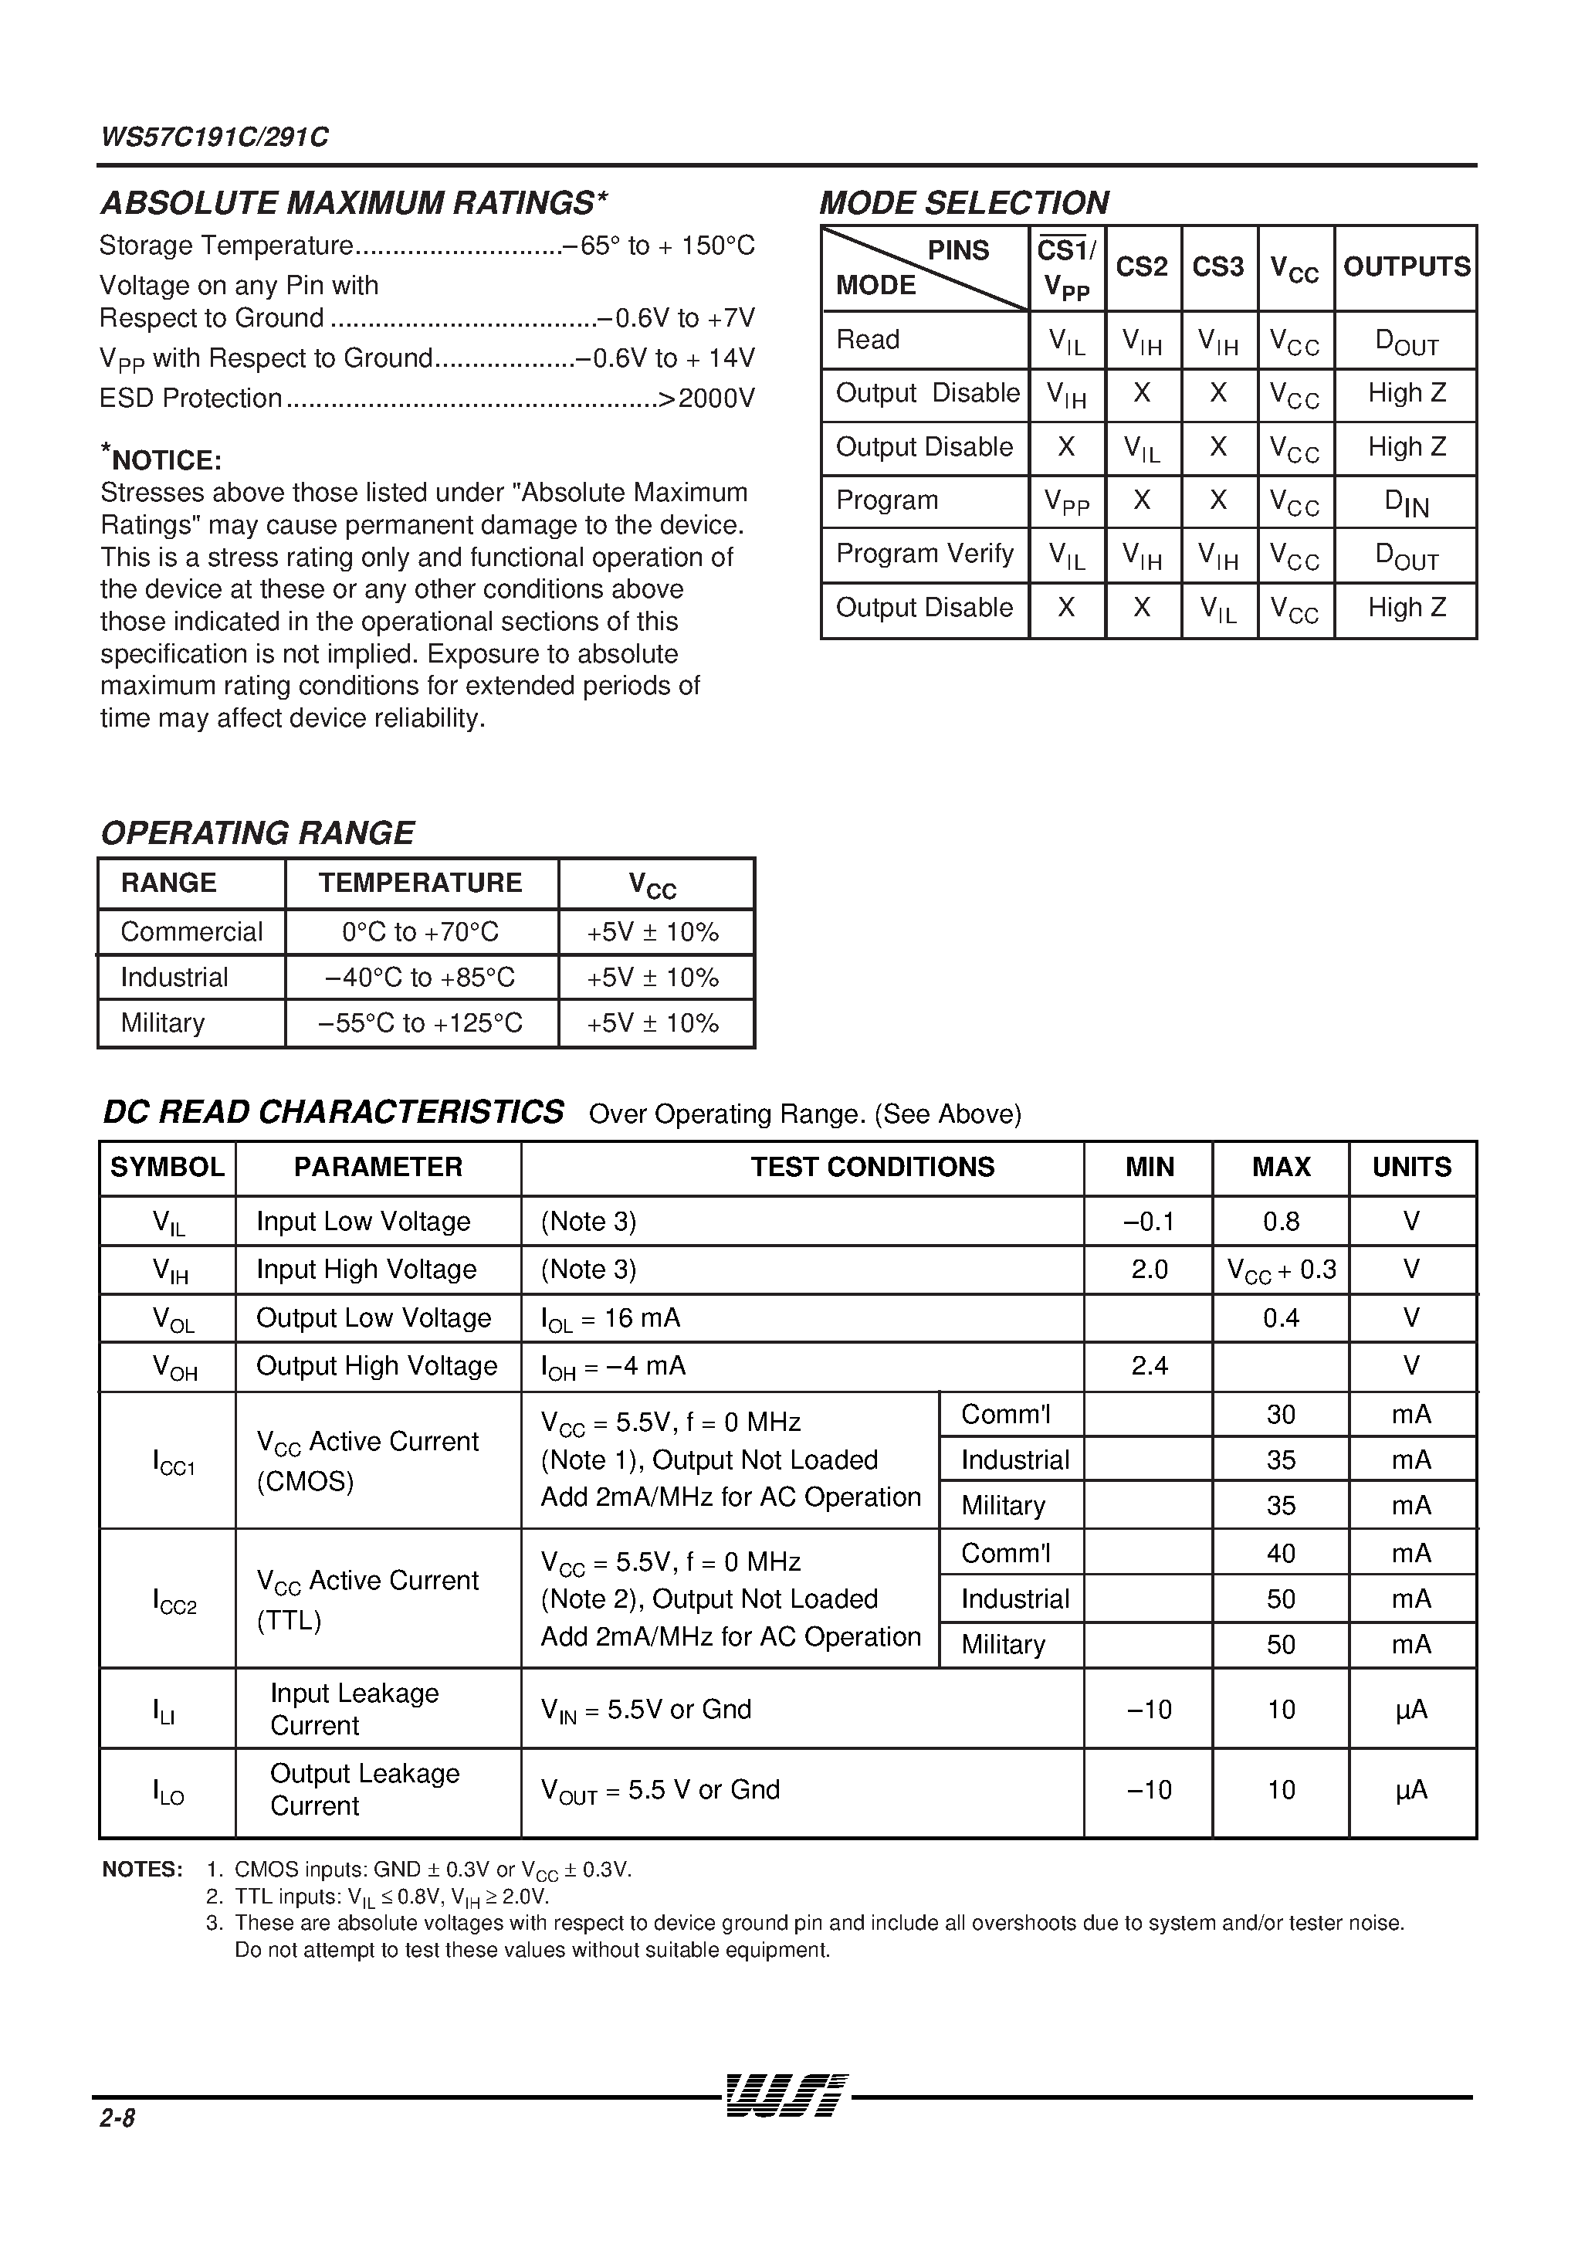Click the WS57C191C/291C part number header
click(215, 137)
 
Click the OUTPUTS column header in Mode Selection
click(1406, 266)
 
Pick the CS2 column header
click(1142, 266)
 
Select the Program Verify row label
click(923, 554)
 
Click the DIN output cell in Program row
click(1406, 503)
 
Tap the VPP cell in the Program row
click(1066, 503)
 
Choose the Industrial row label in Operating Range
click(174, 978)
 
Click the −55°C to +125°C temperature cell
click(420, 1022)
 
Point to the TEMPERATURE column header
click(420, 882)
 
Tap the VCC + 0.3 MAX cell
click(1282, 1270)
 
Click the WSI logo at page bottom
click(786, 2095)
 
